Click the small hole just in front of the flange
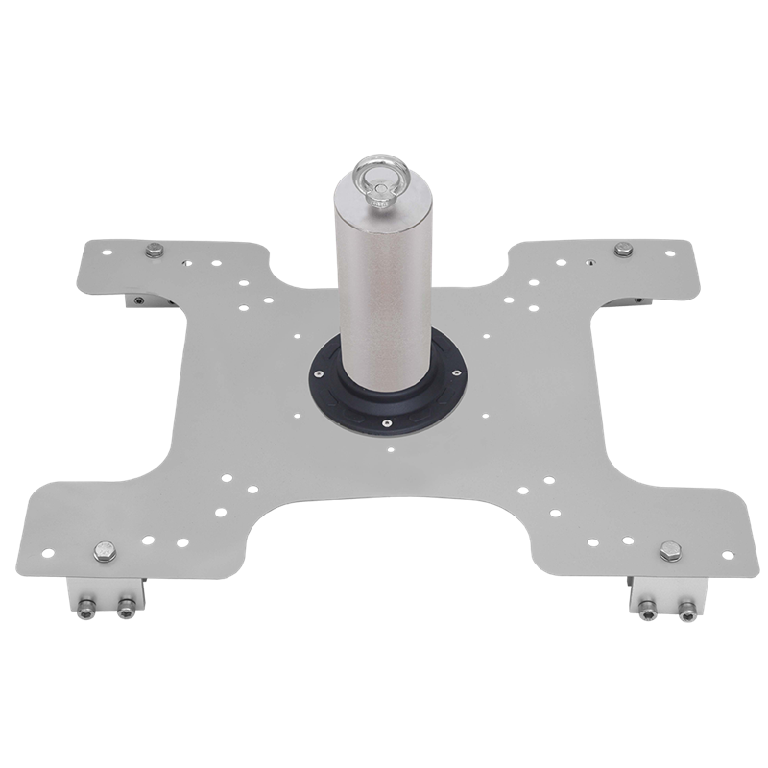[390, 447]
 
